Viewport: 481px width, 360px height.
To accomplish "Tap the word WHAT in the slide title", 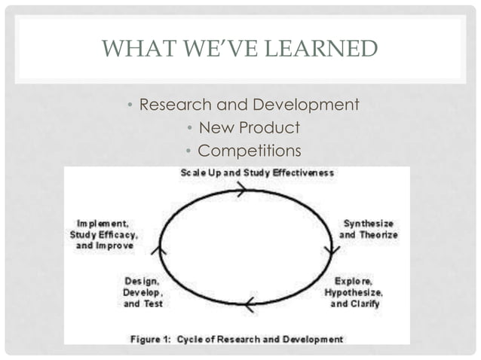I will click(130, 49).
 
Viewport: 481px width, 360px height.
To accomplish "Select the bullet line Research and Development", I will click(249, 105).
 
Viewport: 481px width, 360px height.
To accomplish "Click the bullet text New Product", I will click(249, 127).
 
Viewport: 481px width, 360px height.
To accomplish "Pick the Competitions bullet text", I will click(249, 150).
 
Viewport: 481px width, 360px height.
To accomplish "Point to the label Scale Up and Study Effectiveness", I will click(257, 172).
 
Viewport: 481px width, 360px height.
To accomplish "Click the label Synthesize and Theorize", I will click(369, 229).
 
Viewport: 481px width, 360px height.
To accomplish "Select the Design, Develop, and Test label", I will click(142, 291).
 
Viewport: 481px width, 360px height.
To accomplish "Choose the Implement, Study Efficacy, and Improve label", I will click(105, 234).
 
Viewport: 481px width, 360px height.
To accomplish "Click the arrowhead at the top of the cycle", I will click(240, 191).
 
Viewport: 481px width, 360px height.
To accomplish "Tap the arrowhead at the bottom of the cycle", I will click(248, 304).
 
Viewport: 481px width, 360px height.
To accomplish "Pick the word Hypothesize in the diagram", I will click(354, 291).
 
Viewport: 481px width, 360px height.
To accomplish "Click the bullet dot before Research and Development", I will click(130, 105).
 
